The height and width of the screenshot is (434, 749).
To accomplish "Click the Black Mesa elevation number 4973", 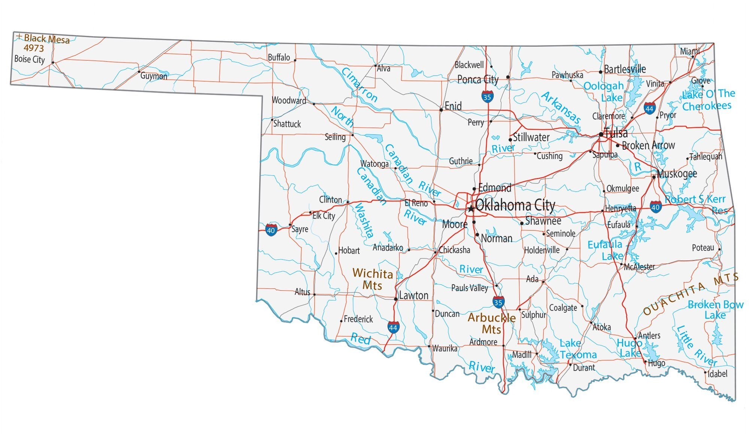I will point(34,48).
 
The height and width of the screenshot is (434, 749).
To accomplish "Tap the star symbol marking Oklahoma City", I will point(471,208).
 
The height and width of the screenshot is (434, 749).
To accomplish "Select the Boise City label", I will point(30,59).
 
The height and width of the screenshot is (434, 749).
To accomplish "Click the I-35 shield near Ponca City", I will point(487,97).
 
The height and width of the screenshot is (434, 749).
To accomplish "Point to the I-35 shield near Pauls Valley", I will point(498,302).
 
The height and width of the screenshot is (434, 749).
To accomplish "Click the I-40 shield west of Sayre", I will point(271,230).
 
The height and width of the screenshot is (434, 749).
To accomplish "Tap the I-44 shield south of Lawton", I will point(393,327).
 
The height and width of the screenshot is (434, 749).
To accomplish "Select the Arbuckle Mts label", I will point(492,323).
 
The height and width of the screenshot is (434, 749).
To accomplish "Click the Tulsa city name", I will point(616,133).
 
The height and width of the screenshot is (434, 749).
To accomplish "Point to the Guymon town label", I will point(154,76).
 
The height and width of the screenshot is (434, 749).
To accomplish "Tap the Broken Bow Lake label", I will point(715,310).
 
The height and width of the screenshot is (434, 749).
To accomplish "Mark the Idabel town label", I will point(717,373).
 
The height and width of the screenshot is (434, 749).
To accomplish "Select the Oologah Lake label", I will point(604,92).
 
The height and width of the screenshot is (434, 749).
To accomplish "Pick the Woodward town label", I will point(289,100).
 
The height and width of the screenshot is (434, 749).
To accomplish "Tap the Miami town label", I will point(689,51).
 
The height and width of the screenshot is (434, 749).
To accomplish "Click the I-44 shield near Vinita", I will point(650,108).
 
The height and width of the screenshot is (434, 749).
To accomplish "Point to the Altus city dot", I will point(315,294).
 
